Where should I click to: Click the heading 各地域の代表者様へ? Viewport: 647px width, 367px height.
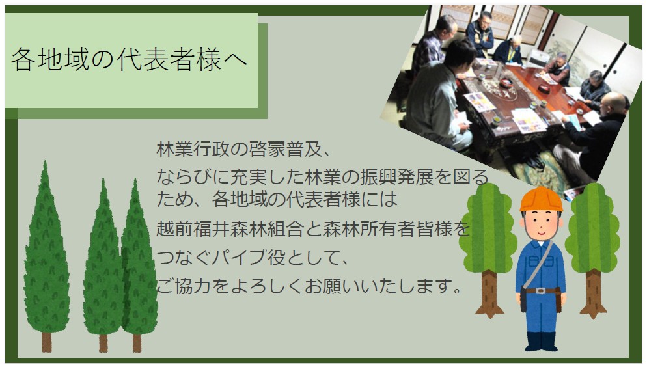(129, 60)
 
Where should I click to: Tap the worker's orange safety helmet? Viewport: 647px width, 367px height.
(541, 198)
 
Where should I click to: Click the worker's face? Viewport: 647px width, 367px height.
(541, 225)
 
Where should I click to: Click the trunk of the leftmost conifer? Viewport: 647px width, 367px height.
(46, 340)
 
